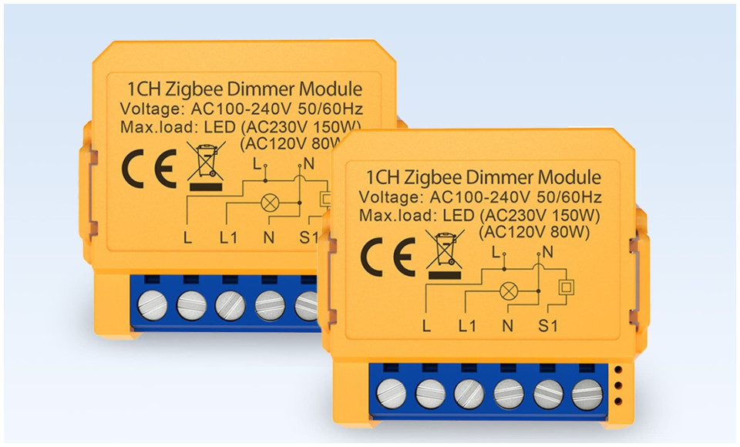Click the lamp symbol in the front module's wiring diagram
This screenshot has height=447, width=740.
tap(508, 291)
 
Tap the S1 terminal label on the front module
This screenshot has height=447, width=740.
tap(547, 326)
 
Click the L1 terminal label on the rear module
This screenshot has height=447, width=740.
tap(228, 237)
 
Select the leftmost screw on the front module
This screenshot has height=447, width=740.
tap(390, 394)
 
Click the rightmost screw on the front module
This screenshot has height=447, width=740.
tap(587, 394)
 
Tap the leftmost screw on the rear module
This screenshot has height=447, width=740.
tap(152, 305)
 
